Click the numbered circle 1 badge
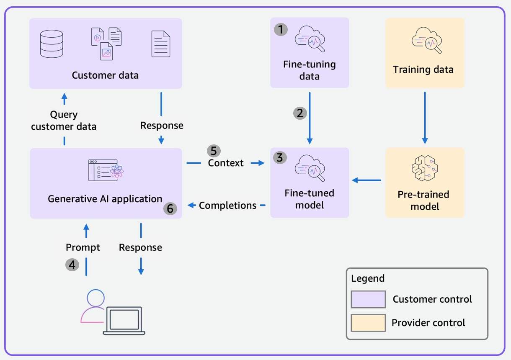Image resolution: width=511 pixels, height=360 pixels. coord(281,29)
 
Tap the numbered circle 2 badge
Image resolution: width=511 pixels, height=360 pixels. coord(300,113)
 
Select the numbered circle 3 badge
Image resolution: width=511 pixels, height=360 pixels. coord(281,158)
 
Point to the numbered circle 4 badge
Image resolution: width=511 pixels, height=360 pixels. coord(72,265)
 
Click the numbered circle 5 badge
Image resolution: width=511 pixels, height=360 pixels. coord(214,151)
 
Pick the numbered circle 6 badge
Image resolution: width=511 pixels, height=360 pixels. coord(170,208)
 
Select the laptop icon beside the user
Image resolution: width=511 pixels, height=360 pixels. coord(124,321)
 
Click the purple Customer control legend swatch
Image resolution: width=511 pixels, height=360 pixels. coord(368,299)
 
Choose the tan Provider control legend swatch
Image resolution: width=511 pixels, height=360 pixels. coord(368,323)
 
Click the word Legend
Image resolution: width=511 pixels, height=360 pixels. coord(368,278)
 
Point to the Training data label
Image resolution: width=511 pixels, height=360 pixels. coord(423,69)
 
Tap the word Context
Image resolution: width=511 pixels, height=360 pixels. coord(226,163)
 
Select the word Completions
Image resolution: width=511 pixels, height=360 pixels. coord(228,206)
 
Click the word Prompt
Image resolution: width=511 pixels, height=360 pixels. coord(83,247)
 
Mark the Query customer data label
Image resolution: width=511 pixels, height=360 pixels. coord(64,121)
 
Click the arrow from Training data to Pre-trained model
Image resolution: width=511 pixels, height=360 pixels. coord(425,117)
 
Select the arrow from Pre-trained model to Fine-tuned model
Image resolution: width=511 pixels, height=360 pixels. coord(366,180)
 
